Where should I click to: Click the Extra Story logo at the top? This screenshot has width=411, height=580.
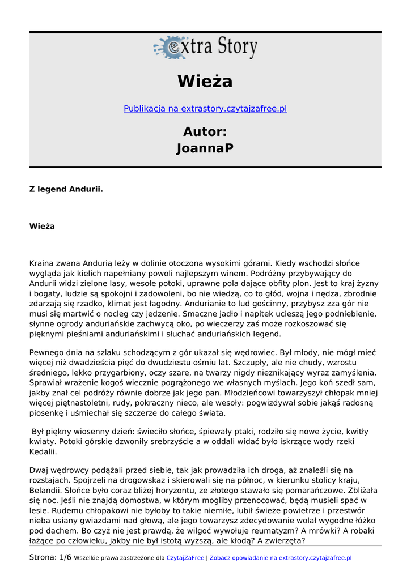[x=205, y=48]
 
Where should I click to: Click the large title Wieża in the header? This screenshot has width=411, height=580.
[x=205, y=82]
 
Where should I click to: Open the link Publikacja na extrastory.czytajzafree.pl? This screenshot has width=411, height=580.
[x=205, y=109]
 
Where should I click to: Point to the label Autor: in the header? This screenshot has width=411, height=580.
[x=205, y=132]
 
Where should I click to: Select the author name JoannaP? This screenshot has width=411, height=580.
[x=205, y=149]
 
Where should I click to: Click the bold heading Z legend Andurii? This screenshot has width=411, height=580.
[x=66, y=189]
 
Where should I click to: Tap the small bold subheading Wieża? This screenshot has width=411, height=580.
[x=42, y=227]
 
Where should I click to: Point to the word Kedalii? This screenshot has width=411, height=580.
[x=43, y=453]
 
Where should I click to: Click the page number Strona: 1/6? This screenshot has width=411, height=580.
[x=50, y=558]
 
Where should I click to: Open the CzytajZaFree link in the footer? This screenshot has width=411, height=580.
[x=185, y=558]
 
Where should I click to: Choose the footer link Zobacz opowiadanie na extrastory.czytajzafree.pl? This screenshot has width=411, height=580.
[x=281, y=558]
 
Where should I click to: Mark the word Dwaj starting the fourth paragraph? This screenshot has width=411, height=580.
[x=39, y=470]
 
